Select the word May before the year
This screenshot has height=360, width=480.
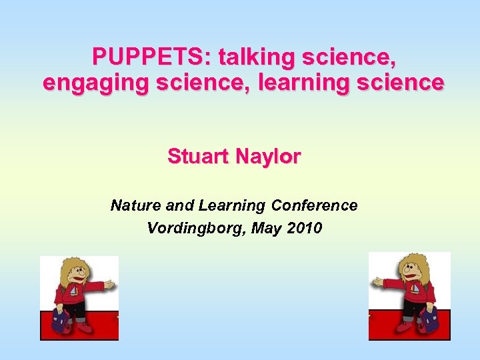268,228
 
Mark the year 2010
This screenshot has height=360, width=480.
305,228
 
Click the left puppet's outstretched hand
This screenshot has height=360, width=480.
109,284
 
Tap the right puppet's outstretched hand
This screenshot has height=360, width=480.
378,282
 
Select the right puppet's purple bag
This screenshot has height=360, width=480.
429,319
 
